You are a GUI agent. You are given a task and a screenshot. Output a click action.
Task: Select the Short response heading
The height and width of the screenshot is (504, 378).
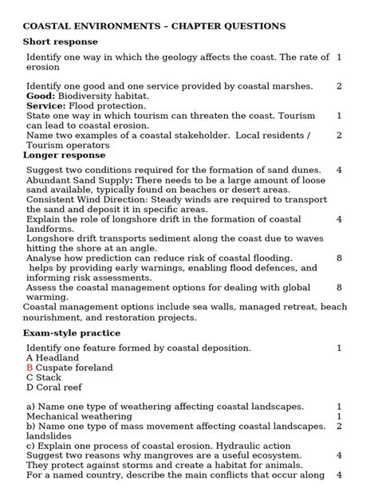(61, 41)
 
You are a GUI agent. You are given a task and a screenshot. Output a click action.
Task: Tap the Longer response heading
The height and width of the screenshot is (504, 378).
(65, 155)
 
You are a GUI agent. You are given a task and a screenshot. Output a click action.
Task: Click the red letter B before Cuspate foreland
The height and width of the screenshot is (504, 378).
(30, 368)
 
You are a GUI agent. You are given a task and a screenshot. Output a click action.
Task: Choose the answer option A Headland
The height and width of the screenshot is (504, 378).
(53, 358)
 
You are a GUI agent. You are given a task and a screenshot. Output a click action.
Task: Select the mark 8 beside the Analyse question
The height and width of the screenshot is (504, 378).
(339, 258)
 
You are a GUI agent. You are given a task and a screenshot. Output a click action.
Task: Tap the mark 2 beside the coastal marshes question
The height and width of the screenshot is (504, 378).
(339, 85)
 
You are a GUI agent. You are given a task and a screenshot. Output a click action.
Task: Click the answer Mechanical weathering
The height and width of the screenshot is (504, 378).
(79, 416)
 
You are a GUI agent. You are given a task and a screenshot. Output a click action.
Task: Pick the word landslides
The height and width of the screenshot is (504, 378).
(50, 435)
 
